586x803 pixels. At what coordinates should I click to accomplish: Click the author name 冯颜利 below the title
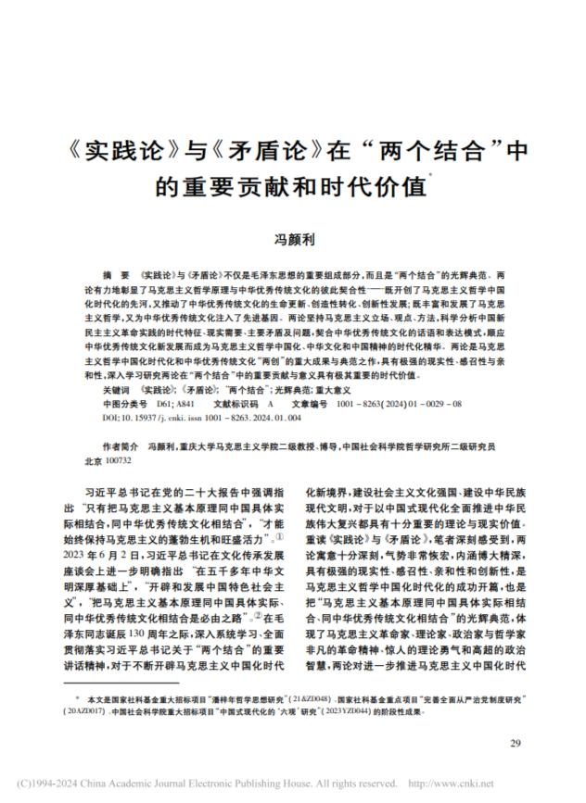292,239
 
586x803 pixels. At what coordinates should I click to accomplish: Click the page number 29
516,744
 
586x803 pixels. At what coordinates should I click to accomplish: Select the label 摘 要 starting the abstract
118,277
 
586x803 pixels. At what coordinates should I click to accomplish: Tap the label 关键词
116,392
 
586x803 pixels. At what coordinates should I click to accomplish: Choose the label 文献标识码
235,405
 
